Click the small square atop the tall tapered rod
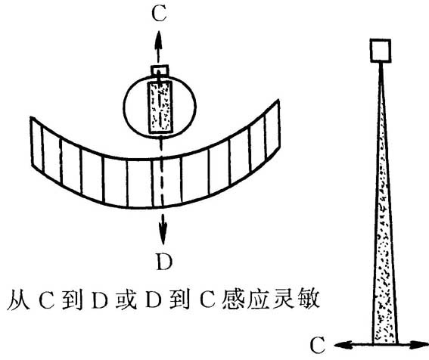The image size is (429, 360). point(379,51)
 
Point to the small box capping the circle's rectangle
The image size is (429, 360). point(159,70)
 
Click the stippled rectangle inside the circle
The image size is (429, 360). point(160,106)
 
